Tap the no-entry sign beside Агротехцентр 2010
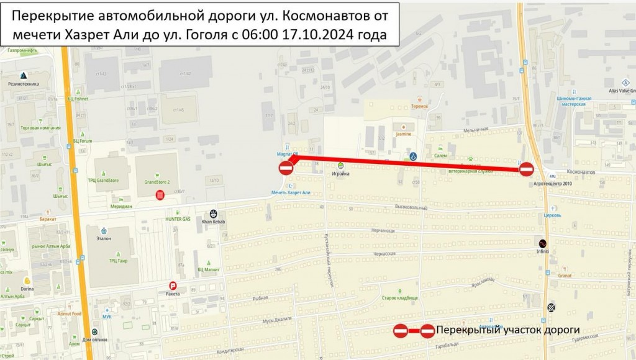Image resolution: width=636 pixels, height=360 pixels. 526,169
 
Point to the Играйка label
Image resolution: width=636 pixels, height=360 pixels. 340,174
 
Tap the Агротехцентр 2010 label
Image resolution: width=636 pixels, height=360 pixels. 552,184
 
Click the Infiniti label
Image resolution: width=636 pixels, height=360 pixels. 543,251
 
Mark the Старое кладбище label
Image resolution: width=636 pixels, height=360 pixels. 399,298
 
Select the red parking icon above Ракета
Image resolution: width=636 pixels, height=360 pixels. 171,286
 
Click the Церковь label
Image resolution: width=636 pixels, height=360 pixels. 552,215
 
